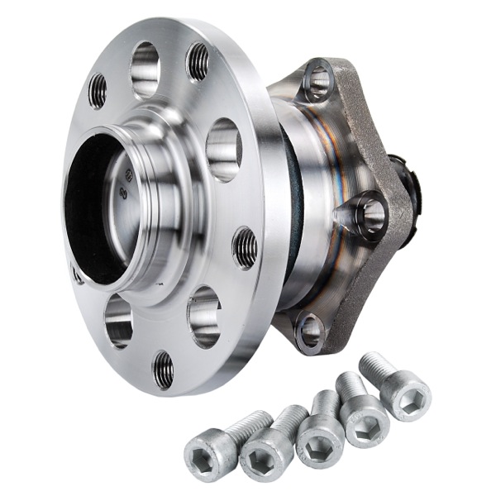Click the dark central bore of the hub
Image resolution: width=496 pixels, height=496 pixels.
point(93,211)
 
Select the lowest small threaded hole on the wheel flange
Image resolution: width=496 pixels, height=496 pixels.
point(164,369)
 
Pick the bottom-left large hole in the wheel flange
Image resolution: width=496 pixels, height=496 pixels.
point(119,320)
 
